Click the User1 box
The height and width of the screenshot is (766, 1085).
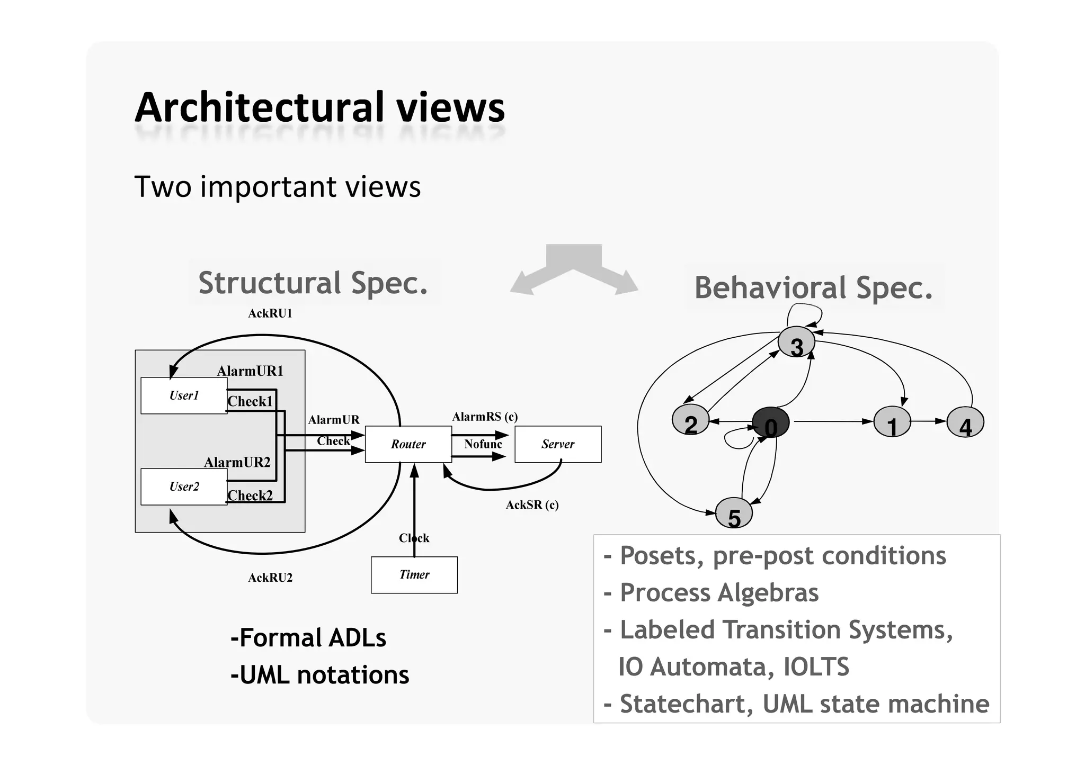tap(184, 395)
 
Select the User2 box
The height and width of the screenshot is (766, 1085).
tap(184, 486)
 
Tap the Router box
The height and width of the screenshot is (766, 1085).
tap(408, 444)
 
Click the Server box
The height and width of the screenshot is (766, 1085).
tap(558, 444)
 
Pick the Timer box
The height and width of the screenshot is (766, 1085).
tap(414, 575)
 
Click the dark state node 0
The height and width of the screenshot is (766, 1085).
tap(771, 423)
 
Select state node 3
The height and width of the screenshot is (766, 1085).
tap(796, 343)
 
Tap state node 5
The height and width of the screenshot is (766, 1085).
tap(734, 513)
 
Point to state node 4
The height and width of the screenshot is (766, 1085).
tap(965, 422)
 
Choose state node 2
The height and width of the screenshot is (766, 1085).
tap(690, 420)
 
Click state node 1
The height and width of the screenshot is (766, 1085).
tap(892, 422)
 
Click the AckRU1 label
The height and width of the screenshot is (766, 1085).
tap(270, 313)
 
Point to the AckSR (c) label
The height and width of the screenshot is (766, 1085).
tap(532, 505)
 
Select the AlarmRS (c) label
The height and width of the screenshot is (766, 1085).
tap(484, 417)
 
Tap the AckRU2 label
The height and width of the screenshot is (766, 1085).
tap(270, 578)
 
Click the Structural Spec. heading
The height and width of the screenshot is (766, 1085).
tap(313, 283)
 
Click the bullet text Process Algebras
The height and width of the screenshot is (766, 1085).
tap(718, 592)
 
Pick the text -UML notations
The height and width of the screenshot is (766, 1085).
tap(319, 675)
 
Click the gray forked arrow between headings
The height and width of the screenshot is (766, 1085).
tap(574, 267)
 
